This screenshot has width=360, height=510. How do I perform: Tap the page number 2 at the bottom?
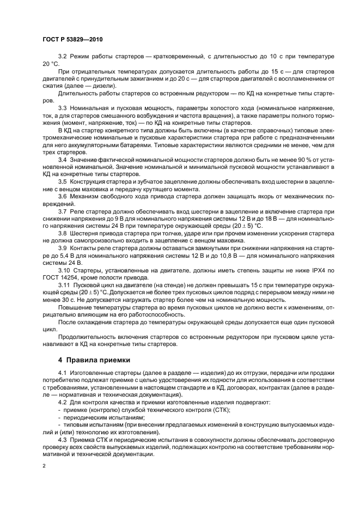44,467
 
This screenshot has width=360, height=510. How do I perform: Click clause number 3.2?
63,57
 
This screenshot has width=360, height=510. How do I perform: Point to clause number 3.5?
63,181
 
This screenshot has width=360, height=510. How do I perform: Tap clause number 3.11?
64,286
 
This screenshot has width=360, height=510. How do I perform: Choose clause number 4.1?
63,372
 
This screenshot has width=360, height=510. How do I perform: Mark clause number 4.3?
63,437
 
